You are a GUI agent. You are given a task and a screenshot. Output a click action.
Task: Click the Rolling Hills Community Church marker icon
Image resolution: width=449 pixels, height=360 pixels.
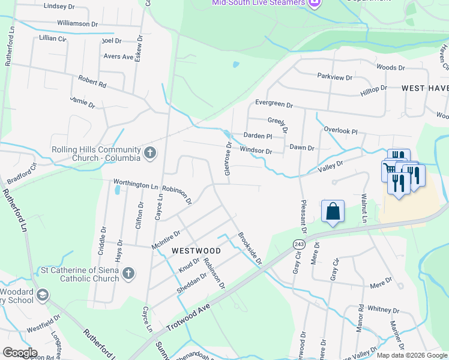(150, 154)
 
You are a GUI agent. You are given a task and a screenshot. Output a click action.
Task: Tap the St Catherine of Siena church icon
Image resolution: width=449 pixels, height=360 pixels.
(128, 274)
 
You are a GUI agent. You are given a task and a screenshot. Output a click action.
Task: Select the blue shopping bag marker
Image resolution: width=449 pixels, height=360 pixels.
(333, 211)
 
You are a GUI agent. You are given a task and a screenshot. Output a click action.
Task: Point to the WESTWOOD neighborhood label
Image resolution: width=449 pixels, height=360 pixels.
(196, 250)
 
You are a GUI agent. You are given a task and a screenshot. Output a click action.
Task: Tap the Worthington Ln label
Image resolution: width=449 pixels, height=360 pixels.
(136, 185)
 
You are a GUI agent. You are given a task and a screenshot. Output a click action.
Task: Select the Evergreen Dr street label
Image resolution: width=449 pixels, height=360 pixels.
(274, 104)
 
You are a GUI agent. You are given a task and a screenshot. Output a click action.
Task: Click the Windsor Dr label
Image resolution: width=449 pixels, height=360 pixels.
(256, 151)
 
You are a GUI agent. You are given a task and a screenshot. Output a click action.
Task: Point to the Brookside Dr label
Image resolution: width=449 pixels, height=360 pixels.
(250, 249)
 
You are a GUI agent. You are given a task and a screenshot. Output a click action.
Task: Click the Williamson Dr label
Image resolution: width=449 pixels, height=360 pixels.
(77, 23)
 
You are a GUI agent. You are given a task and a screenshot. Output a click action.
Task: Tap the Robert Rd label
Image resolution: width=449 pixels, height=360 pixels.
(92, 82)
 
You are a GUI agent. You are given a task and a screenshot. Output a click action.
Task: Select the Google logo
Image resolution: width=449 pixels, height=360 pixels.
(20, 353)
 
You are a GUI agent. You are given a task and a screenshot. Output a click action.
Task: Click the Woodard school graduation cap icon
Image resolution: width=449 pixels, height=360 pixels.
(43, 295)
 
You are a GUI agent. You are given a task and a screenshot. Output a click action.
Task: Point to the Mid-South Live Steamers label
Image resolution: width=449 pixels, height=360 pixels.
(258, 3)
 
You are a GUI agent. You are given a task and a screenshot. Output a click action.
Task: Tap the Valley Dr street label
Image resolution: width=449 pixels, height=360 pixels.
(331, 167)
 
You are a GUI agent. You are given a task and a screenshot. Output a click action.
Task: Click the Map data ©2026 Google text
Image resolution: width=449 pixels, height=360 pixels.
(412, 355)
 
